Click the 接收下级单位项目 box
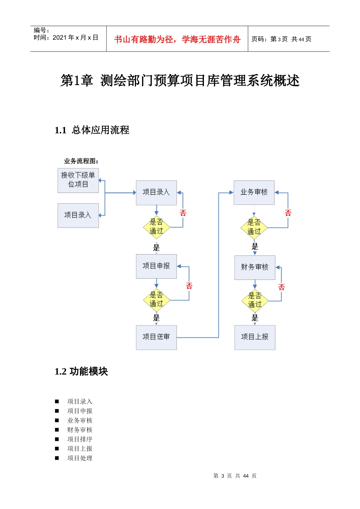(78, 180)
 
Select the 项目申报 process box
(156, 266)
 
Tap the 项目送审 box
(156, 337)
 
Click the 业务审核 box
(254, 192)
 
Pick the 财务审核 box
(255, 267)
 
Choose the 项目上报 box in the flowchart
(255, 337)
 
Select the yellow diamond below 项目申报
(156, 300)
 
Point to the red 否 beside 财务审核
(281, 287)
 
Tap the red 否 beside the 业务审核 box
(288, 213)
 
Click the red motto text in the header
(177, 39)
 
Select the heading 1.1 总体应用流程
(92, 130)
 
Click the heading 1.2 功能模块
(81, 372)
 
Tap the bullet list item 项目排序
(80, 439)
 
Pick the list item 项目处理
(80, 458)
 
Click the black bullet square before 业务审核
(57, 420)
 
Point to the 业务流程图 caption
(81, 161)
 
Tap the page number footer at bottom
(235, 476)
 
